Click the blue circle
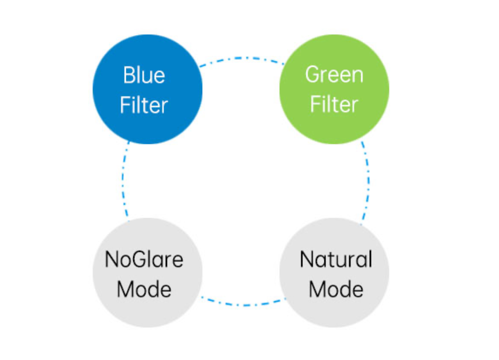tap(147, 89)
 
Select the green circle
tap(334, 89)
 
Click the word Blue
tap(144, 75)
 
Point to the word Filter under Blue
tap(144, 105)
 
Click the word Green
tap(334, 75)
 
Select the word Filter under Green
tap(334, 105)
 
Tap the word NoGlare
tap(144, 259)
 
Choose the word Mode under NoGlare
tap(144, 289)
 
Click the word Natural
tap(336, 259)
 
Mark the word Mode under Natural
tap(336, 289)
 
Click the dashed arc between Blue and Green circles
tap(241, 58)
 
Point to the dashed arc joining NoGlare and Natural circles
tap(243, 304)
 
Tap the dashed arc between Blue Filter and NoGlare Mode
tap(122, 181)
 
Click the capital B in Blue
tap(129, 75)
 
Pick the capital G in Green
tap(312, 75)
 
